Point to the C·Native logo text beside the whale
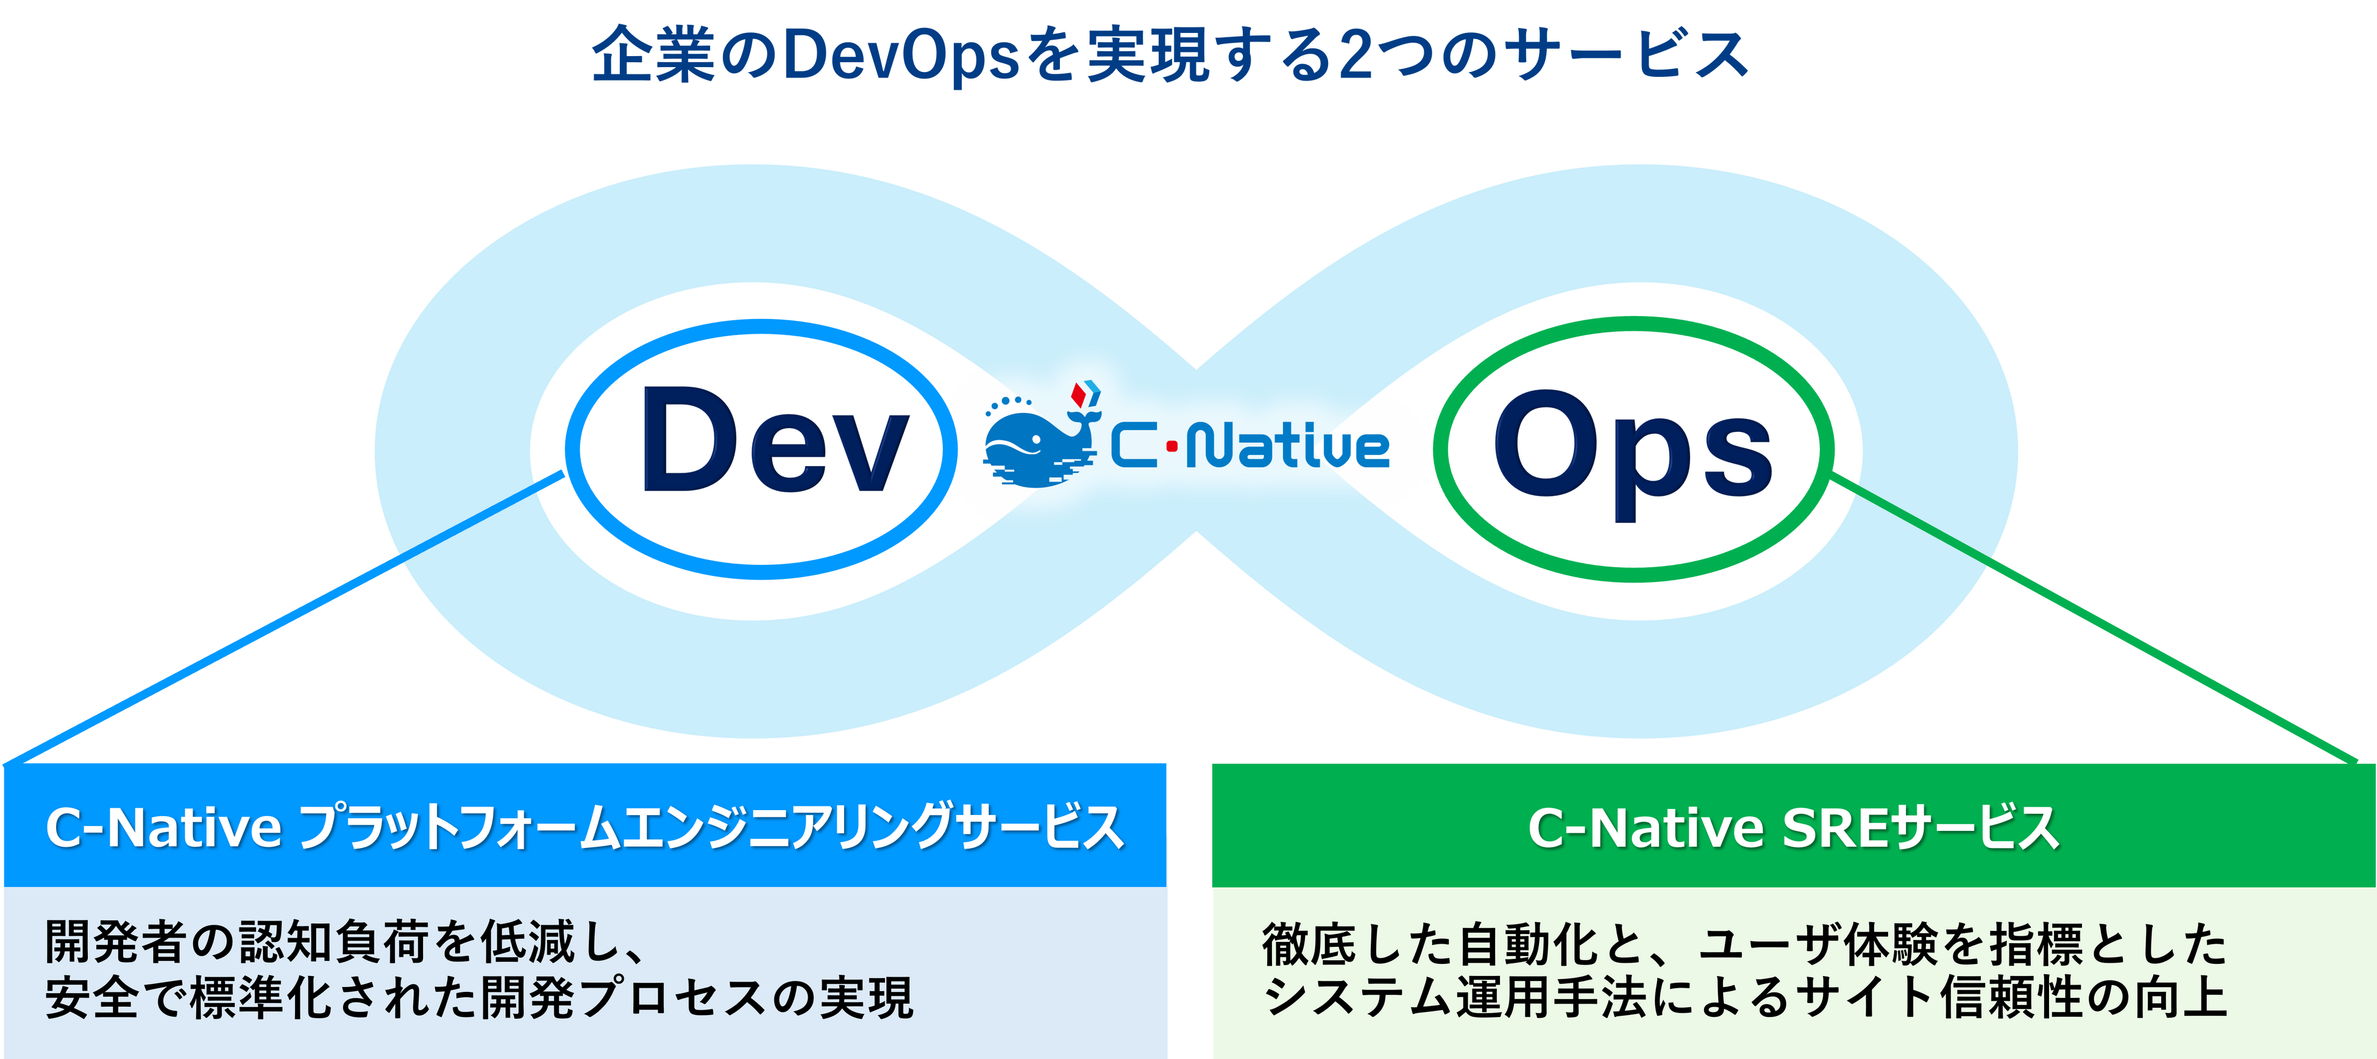coord(1250,448)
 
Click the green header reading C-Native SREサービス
coord(1793,827)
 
